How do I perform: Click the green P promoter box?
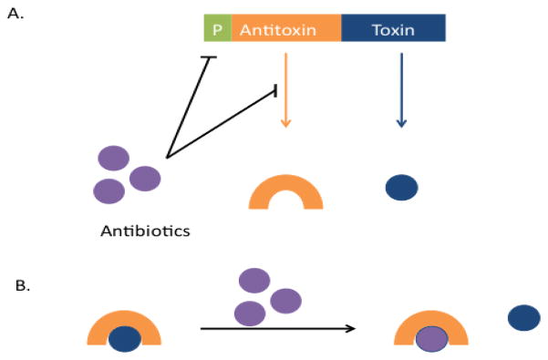click(217, 28)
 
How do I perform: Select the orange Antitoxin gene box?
click(286, 28)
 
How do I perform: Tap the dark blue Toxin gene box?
click(393, 28)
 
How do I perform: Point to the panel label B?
click(22, 285)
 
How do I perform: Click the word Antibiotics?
click(144, 231)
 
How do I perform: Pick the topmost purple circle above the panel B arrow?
click(253, 280)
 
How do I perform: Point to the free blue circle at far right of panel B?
click(523, 317)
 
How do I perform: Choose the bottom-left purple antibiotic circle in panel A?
click(109, 190)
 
